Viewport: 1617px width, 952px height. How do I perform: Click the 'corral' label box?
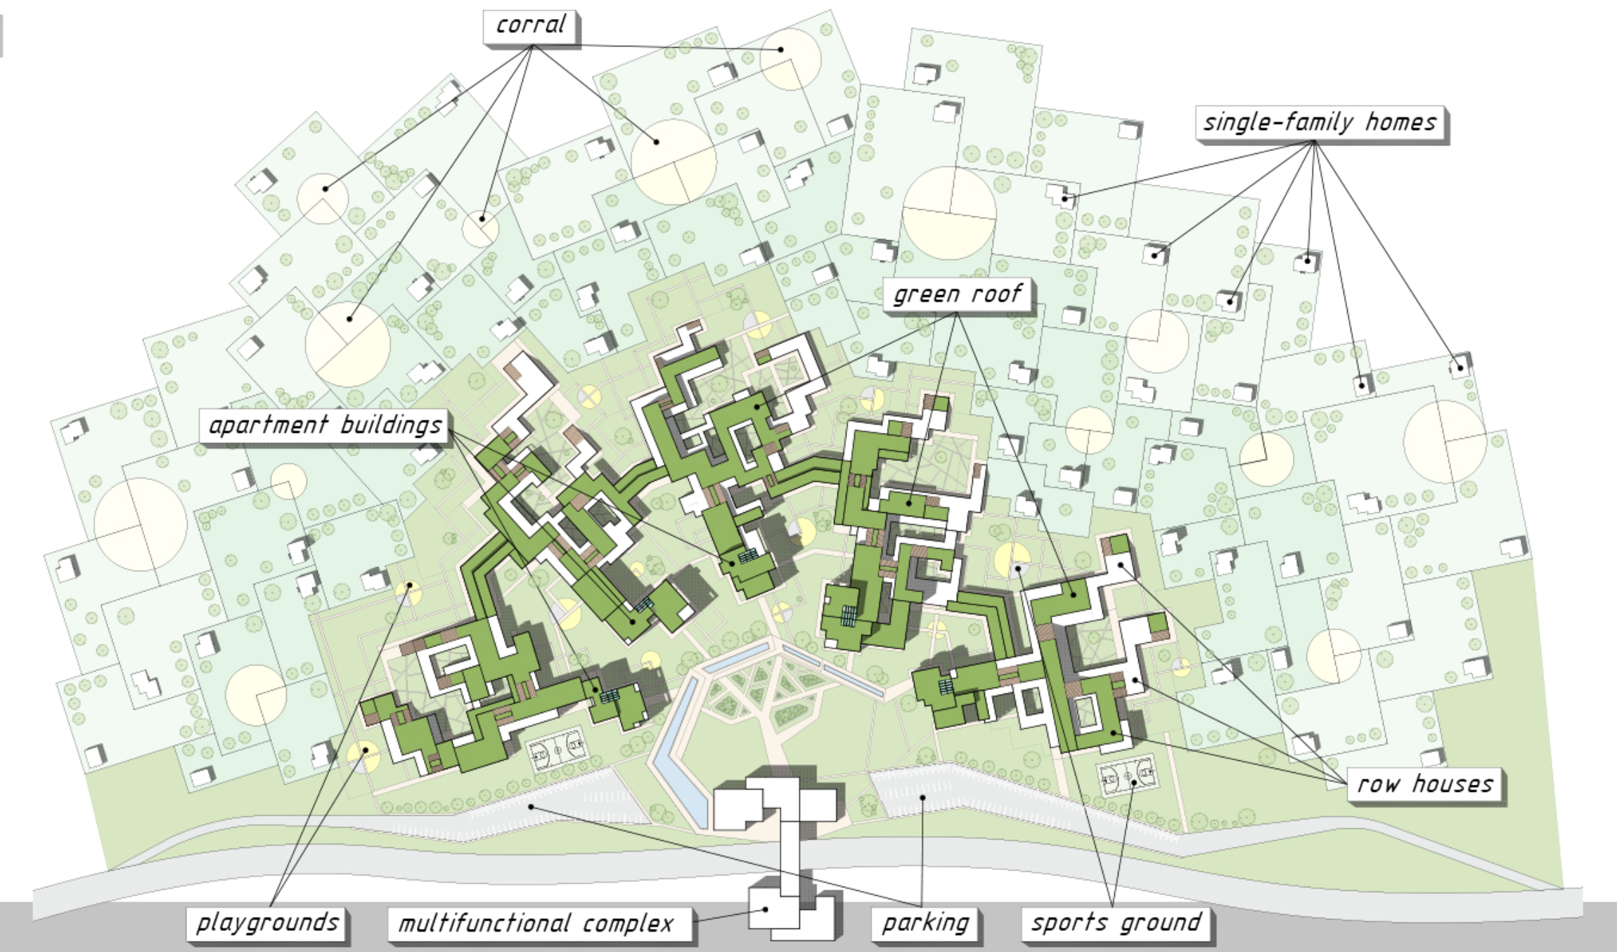tap(530, 26)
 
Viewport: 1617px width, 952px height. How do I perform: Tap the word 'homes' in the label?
tap(1400, 123)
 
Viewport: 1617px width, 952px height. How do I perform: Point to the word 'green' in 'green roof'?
tap(926, 294)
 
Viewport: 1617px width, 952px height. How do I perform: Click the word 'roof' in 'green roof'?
tap(998, 294)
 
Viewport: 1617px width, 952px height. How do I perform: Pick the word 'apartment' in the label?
tap(268, 426)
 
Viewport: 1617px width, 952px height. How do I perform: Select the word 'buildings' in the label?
tap(391, 426)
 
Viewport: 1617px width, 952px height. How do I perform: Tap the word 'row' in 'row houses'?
tap(1377, 784)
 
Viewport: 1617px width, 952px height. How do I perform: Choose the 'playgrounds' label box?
tap(267, 922)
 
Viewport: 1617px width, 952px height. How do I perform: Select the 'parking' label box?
tap(925, 923)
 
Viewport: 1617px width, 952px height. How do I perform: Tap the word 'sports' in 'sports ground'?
tap(1069, 923)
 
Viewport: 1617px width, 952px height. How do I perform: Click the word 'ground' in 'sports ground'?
tap(1161, 923)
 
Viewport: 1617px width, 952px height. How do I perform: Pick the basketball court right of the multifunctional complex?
tap(1128, 774)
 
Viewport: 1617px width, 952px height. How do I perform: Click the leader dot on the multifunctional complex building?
tap(766, 909)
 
